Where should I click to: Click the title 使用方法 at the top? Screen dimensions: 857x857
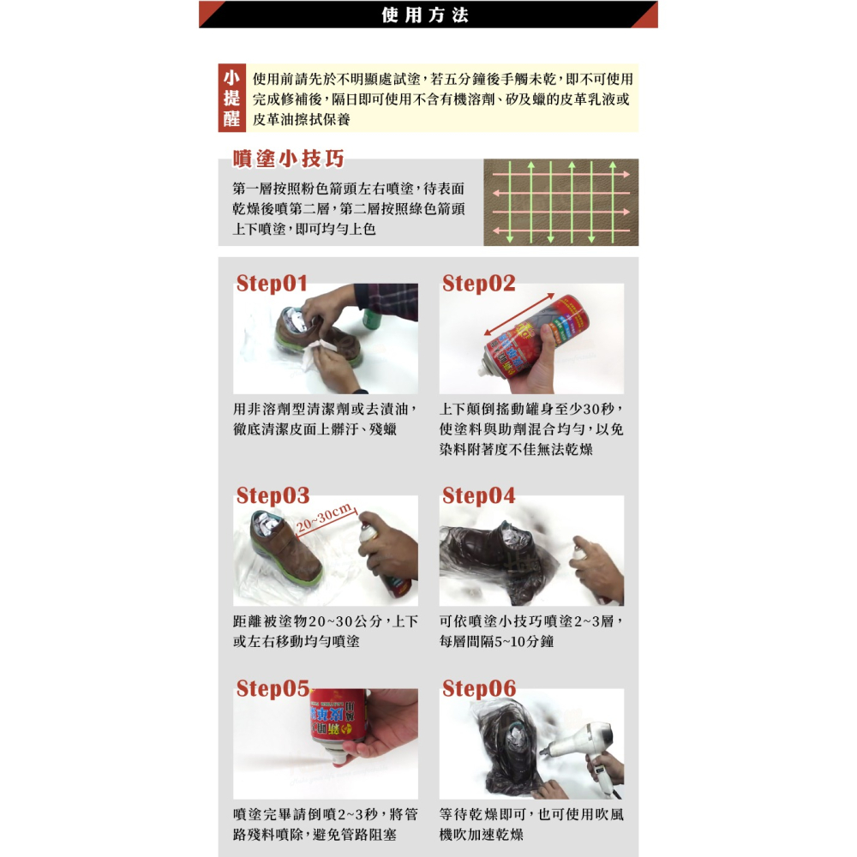[x=426, y=15]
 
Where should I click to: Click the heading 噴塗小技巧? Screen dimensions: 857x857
[x=289, y=159]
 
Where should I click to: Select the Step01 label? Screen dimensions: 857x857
[x=272, y=284]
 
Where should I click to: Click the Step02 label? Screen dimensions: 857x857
[x=478, y=284]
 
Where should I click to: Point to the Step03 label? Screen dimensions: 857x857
[x=273, y=495]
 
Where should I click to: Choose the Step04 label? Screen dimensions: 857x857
[x=478, y=495]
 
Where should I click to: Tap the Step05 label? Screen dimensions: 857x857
[x=273, y=688]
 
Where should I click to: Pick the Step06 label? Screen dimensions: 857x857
[x=478, y=688]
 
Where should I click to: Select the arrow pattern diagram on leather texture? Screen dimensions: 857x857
[x=560, y=202]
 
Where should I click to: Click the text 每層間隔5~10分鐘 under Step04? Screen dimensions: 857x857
[x=496, y=641]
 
